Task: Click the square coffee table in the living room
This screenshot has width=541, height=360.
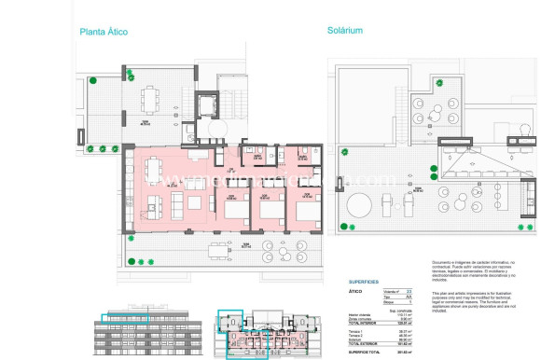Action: click(195, 201)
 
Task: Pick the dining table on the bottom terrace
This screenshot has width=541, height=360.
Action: click(217, 250)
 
